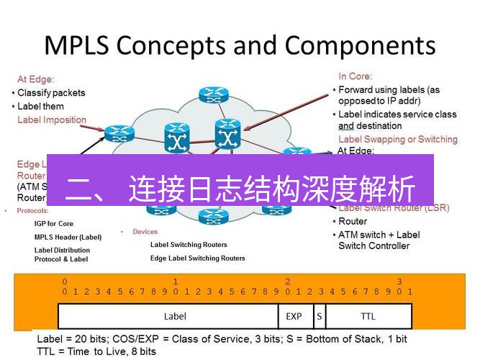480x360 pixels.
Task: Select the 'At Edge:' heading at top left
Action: pyautogui.click(x=35, y=79)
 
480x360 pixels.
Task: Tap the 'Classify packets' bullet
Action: pyautogui.click(x=51, y=93)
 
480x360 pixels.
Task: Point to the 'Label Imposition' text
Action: pyautogui.click(x=52, y=120)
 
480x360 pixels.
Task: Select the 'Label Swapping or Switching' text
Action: pyautogui.click(x=397, y=139)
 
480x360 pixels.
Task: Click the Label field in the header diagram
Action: pyautogui.click(x=175, y=316)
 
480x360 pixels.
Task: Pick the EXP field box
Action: pyautogui.click(x=294, y=316)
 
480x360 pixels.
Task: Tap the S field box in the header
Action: pyautogui.click(x=318, y=316)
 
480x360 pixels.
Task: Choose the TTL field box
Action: pyautogui.click(x=368, y=316)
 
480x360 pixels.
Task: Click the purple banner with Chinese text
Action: pyautogui.click(x=240, y=189)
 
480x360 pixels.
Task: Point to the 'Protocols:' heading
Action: pyautogui.click(x=32, y=211)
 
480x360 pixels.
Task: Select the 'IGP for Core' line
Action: pyautogui.click(x=54, y=224)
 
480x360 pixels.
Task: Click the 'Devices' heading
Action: pyautogui.click(x=145, y=232)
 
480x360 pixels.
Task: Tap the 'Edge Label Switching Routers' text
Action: pyautogui.click(x=197, y=258)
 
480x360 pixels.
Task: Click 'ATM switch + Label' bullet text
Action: pyautogui.click(x=379, y=235)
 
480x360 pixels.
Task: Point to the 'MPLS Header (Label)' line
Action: pyautogui.click(x=68, y=237)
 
